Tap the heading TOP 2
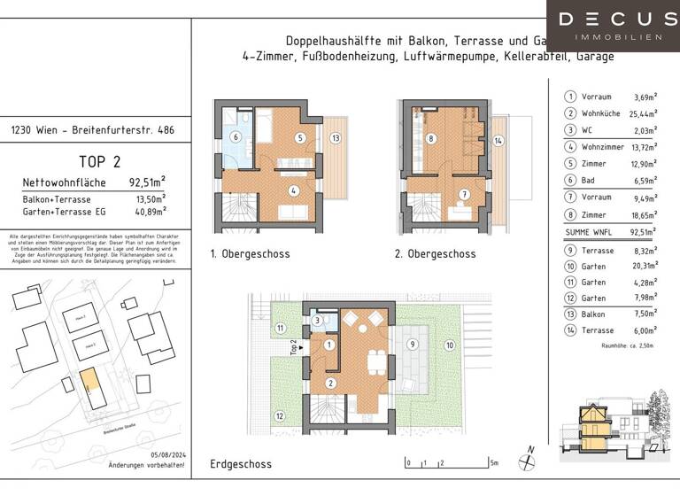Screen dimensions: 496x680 [100, 161]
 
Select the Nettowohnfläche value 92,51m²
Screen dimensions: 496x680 [148, 183]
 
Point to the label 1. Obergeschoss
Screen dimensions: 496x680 [251, 254]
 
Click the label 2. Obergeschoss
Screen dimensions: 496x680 [436, 254]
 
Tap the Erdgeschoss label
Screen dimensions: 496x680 [241, 463]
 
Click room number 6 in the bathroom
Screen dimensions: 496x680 [236, 137]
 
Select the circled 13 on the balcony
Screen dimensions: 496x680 [335, 138]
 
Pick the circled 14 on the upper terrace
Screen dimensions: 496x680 [498, 139]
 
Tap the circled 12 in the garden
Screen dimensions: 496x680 [281, 415]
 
